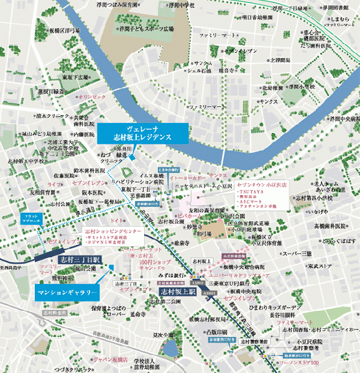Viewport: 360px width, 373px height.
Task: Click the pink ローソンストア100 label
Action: [x=298, y=362]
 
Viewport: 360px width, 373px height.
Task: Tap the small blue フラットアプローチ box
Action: [x=25, y=218]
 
